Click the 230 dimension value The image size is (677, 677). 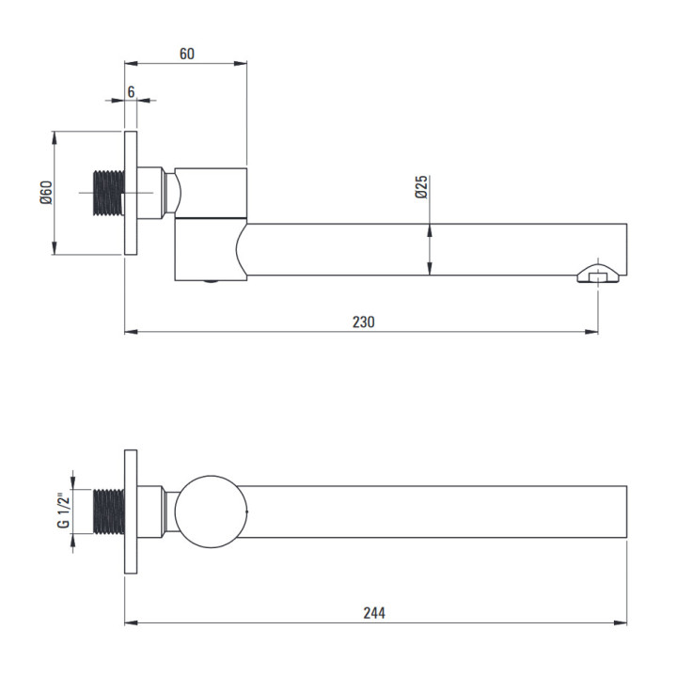364,323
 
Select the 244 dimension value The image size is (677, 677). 374,613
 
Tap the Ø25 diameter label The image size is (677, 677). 421,186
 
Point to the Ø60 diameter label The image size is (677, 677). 46,193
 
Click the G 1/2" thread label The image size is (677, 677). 64,511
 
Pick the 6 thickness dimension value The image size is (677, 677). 131,92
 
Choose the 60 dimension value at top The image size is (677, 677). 186,54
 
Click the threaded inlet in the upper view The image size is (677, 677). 109,193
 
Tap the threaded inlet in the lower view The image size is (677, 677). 109,512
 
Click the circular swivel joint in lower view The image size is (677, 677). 212,512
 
